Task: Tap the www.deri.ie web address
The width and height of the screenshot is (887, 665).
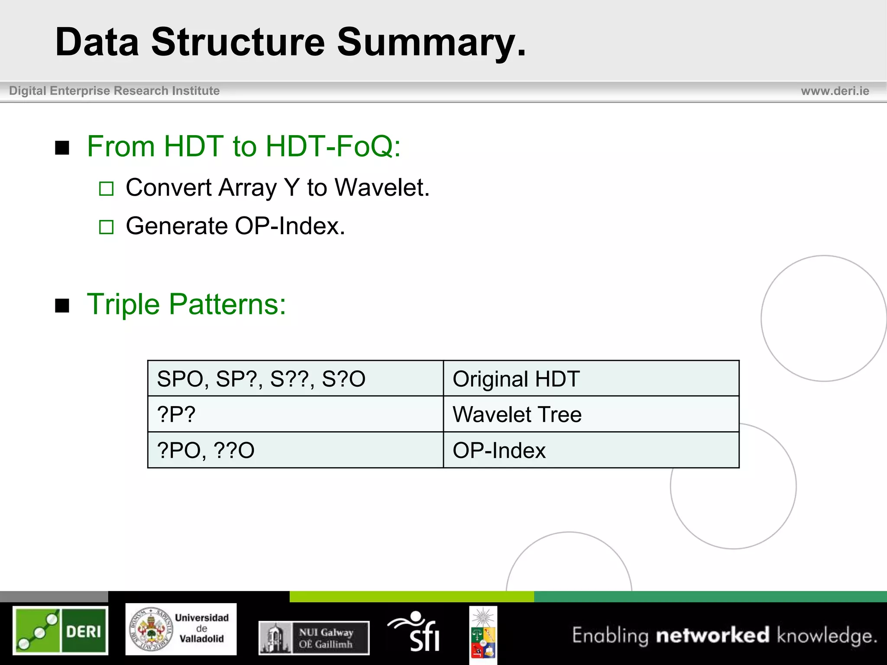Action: point(835,91)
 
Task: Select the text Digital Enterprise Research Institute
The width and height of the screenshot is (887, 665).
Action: point(114,91)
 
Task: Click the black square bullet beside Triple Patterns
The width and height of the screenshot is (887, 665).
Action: point(62,305)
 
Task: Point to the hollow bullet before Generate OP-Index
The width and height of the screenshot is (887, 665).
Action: point(106,227)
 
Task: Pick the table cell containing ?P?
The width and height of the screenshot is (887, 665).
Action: point(295,414)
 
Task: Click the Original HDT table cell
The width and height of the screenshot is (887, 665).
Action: point(591,379)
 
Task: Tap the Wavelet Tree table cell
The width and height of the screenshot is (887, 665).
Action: point(591,414)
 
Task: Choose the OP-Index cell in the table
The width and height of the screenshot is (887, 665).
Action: point(591,450)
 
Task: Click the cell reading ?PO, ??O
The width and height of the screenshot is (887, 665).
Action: point(295,450)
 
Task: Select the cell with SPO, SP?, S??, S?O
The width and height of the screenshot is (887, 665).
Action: point(295,379)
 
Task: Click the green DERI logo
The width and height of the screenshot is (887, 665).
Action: point(60,630)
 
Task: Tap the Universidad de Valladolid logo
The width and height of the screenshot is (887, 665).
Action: point(181,629)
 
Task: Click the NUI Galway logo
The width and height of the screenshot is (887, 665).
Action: point(314,637)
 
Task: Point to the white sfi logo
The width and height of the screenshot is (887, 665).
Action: point(415,632)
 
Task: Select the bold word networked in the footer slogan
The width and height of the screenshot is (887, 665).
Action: point(712,636)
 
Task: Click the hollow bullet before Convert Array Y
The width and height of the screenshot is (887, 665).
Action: point(106,189)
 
